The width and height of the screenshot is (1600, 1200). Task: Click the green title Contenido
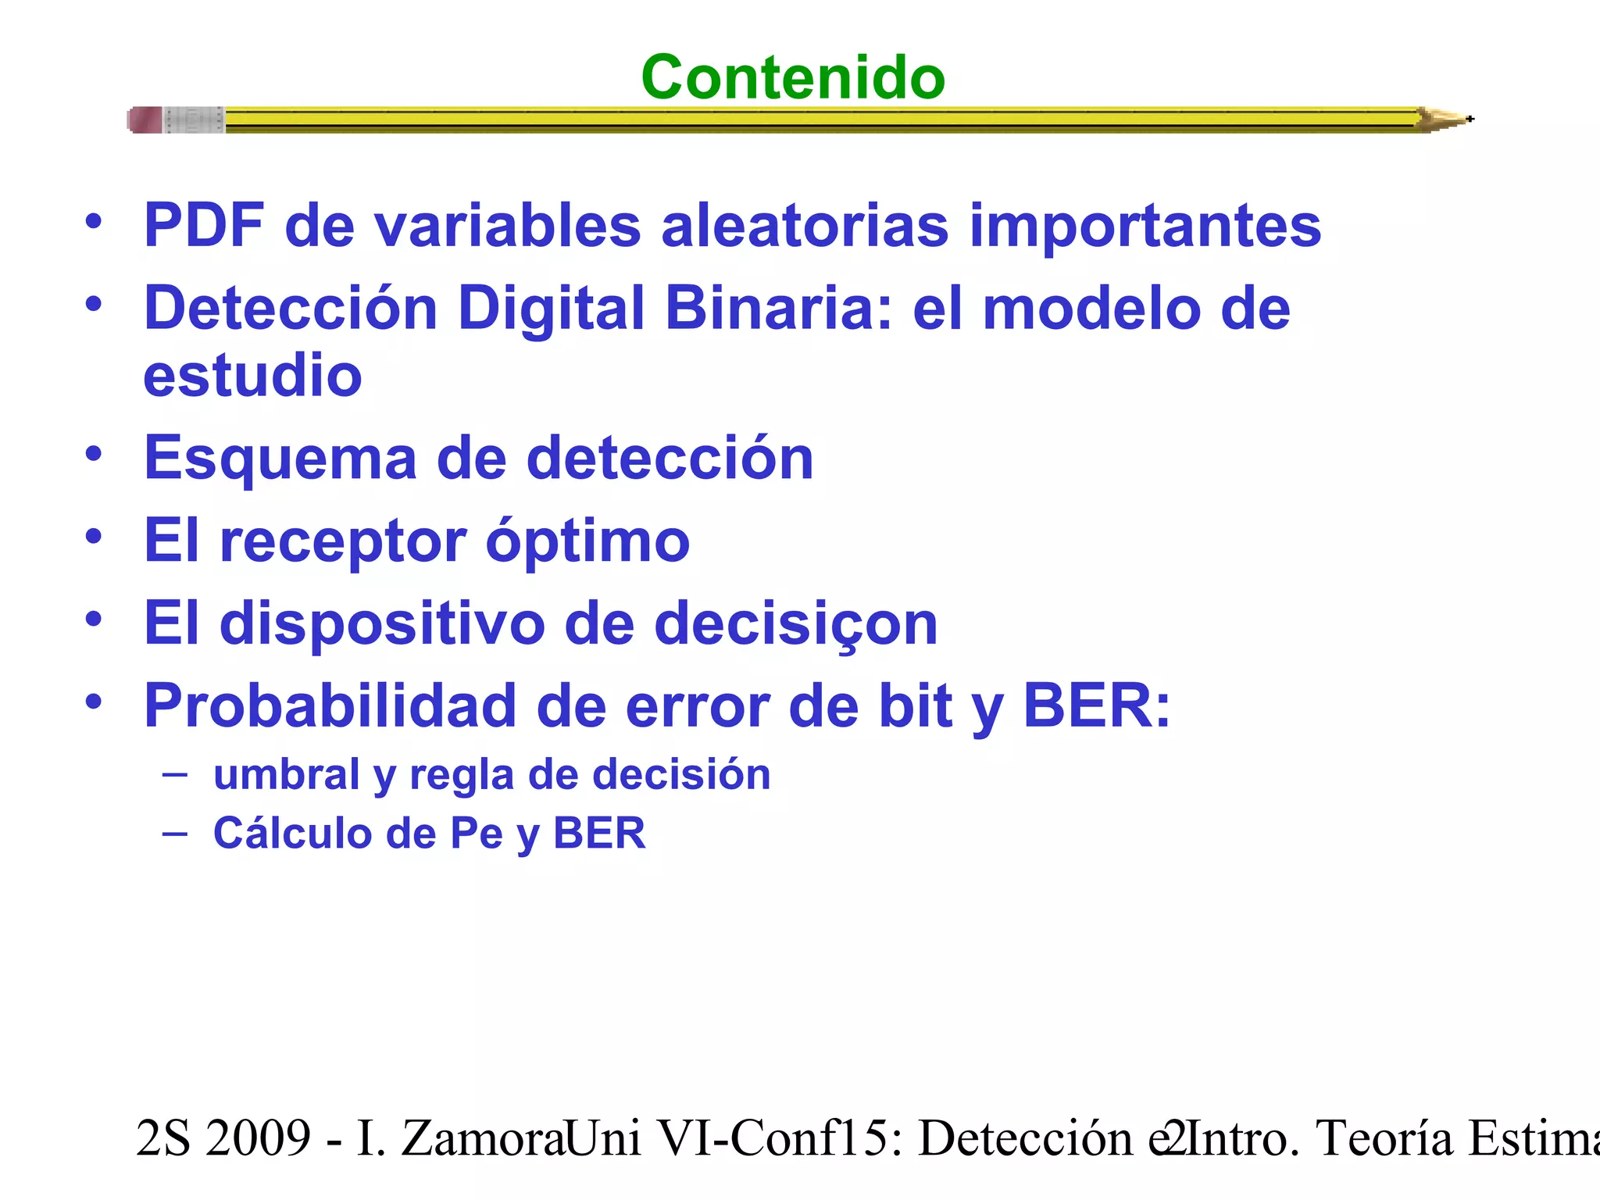[792, 77]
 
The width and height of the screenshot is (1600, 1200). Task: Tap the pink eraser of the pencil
[145, 120]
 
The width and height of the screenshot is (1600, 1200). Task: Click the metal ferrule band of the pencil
[194, 120]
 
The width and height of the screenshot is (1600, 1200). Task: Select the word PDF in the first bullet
[204, 226]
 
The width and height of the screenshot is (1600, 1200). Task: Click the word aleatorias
[804, 226]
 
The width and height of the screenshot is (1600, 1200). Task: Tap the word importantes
[1145, 226]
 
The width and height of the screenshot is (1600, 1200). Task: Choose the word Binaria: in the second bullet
[778, 308]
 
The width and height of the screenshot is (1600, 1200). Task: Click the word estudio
[252, 375]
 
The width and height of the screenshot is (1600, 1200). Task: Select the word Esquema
[280, 458]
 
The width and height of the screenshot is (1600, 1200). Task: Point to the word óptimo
[587, 541]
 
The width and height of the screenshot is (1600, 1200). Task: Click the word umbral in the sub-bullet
[287, 775]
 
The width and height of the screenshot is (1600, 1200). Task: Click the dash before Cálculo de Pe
[175, 834]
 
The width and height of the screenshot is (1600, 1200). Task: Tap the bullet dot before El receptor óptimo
[94, 537]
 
